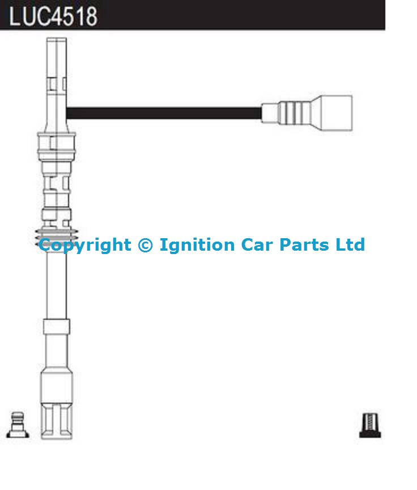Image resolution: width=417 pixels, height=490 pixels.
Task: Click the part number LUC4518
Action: [x=53, y=16]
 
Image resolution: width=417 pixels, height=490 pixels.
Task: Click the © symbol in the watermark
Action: [x=145, y=244]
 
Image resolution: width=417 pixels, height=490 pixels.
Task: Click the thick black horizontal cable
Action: [x=164, y=113]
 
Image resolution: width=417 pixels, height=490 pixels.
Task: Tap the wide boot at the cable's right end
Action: [x=332, y=113]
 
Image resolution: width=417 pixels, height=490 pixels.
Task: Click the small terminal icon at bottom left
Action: [x=18, y=425]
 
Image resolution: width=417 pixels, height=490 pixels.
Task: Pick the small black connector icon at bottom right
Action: [x=370, y=425]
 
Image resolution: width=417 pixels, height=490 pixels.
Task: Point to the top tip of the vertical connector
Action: [x=57, y=39]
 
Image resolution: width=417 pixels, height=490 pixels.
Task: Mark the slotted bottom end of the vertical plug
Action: [x=57, y=421]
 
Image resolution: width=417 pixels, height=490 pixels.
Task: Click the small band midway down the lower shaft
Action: [x=57, y=327]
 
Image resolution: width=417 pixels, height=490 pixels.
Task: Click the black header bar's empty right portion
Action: [x=244, y=15]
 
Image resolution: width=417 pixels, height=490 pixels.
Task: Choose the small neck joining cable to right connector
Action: [x=270, y=113]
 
